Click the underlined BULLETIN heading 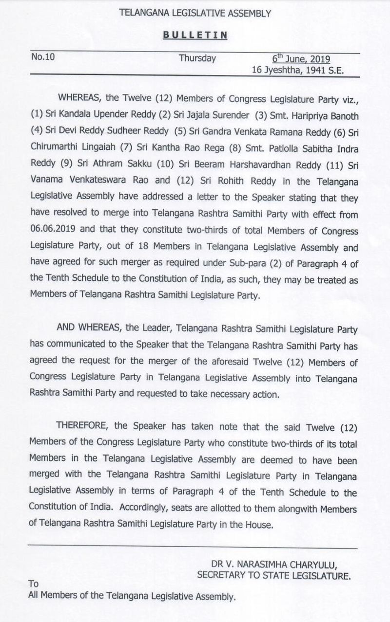[x=195, y=36]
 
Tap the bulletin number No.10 [x=43, y=57]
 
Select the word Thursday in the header [x=197, y=58]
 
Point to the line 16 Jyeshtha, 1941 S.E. [x=297, y=70]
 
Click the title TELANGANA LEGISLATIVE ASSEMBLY [x=195, y=14]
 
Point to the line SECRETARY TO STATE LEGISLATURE [x=273, y=576]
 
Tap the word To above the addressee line [x=34, y=583]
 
